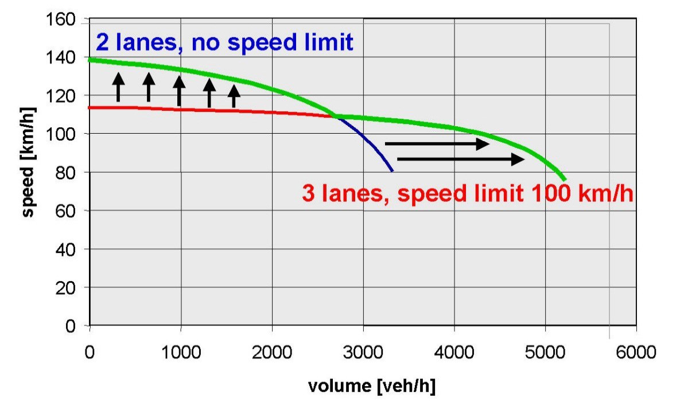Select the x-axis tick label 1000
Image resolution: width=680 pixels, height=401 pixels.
coord(181,351)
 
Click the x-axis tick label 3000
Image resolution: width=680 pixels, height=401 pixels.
coord(363,351)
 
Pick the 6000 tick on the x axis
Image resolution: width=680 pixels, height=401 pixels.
coord(636,351)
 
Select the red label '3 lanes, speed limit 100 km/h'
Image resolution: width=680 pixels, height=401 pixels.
coord(467,193)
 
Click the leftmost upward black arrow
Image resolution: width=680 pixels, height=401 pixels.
coord(118,87)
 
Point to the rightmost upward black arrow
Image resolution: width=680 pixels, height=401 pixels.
coord(234,96)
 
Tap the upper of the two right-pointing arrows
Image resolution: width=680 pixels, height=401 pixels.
coord(437,143)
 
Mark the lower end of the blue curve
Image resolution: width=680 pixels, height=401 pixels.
coord(392,170)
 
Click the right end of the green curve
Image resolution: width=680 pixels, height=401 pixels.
coord(565,179)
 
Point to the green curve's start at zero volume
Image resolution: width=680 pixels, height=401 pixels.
coord(91,60)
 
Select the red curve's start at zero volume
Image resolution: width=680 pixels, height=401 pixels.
coord(91,107)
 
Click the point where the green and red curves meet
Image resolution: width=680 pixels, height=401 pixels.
coord(335,116)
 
